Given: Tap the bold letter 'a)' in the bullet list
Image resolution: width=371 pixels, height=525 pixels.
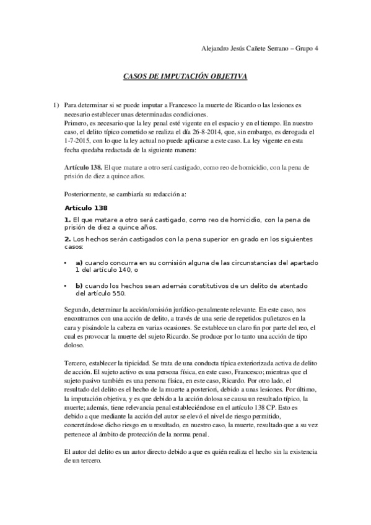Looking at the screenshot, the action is click(x=79, y=262).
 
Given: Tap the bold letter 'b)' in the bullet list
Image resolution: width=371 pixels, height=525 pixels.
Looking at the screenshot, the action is click(x=79, y=285).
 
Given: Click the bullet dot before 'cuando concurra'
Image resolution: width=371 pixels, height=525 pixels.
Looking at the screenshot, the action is click(x=66, y=262).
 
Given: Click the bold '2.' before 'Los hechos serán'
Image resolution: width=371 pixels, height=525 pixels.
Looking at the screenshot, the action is click(x=68, y=238).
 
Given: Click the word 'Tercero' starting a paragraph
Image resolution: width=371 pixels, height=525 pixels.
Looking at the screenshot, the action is click(x=76, y=362).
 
